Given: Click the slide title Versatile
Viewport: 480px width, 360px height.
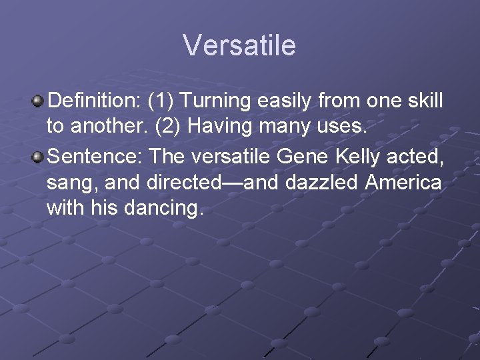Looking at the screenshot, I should click(x=239, y=45).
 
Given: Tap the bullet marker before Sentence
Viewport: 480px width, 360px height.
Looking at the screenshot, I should click(x=39, y=157).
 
